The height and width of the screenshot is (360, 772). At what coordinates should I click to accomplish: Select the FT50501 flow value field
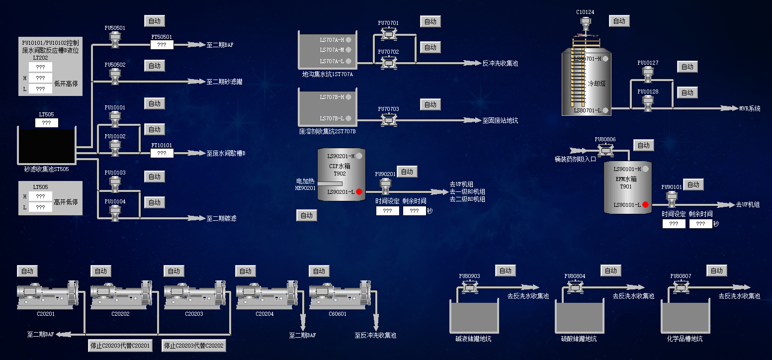click(x=162, y=45)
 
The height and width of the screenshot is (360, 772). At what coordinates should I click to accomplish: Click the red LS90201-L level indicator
click(x=359, y=192)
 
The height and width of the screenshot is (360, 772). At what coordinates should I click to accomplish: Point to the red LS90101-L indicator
click(x=645, y=204)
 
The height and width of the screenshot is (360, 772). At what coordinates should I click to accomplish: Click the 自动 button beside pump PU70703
click(x=430, y=104)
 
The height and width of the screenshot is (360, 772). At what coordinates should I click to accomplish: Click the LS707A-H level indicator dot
click(x=348, y=39)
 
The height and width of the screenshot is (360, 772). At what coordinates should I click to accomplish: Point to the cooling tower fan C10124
click(x=585, y=23)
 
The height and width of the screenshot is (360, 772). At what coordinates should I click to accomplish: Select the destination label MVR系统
click(x=750, y=108)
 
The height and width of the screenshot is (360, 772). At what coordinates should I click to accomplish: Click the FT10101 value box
click(x=162, y=153)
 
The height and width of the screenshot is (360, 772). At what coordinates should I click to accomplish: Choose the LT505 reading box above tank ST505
click(x=46, y=123)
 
